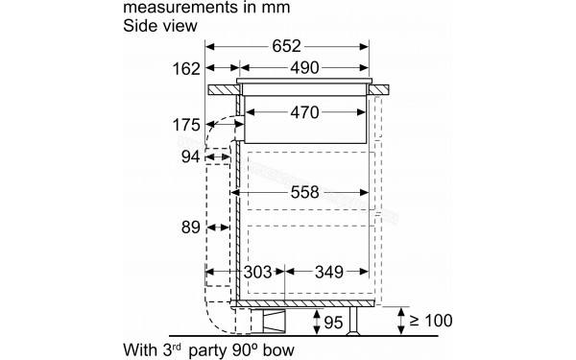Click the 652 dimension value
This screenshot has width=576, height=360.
(x=286, y=46)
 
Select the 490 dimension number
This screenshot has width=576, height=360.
(x=304, y=68)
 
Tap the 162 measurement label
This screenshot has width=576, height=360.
(x=186, y=69)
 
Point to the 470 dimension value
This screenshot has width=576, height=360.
(x=304, y=112)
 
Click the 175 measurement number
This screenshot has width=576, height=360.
(x=186, y=125)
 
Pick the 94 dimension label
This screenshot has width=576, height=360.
(x=190, y=156)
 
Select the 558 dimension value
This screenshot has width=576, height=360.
(x=304, y=193)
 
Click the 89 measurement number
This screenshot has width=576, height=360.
(x=190, y=228)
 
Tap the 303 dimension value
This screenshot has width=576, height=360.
(x=258, y=273)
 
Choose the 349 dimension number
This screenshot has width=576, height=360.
(x=328, y=273)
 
